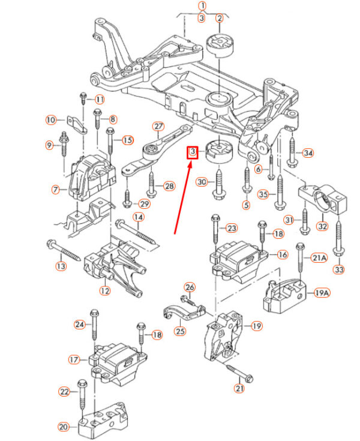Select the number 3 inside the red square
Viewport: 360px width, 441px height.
192,153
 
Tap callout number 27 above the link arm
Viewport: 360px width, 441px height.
158,127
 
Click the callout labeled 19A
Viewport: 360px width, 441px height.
322,293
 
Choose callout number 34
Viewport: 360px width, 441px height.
308,153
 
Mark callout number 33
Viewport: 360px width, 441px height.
339,269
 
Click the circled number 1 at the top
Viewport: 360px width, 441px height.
203,7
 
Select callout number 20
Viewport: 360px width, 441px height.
63,427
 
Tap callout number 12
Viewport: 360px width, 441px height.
105,292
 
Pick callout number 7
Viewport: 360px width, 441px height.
55,190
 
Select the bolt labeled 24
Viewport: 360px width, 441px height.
94,327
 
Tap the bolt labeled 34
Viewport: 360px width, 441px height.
292,153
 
